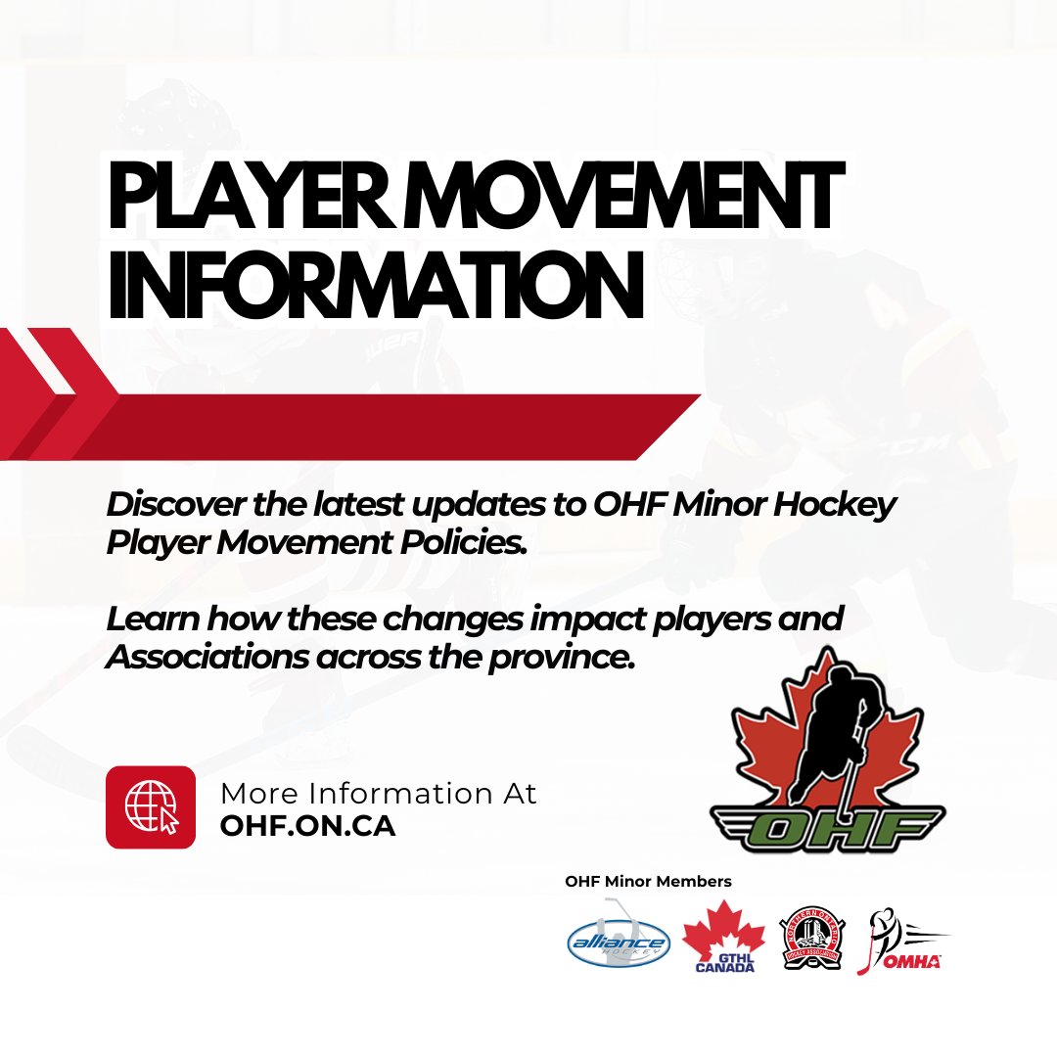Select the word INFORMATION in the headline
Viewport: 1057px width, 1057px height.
point(375,283)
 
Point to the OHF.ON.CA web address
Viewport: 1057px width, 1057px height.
point(307,826)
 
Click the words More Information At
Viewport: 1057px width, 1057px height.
point(378,793)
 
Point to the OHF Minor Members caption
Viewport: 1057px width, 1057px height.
point(648,882)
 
